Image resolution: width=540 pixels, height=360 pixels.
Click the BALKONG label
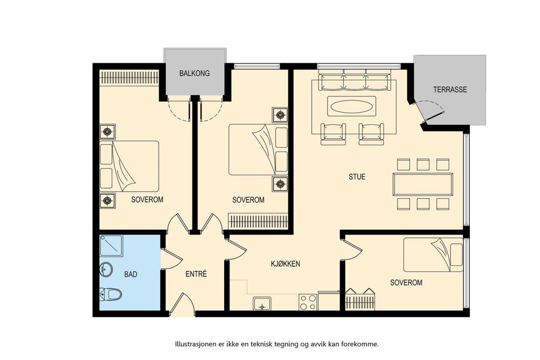[194, 73]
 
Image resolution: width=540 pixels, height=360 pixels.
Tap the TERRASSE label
[450, 90]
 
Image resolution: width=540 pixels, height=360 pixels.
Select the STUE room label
[357, 177]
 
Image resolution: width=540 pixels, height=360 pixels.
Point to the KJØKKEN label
[285, 264]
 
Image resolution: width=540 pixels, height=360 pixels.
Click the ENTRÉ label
[196, 274]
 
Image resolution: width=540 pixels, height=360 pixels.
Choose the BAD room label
[130, 274]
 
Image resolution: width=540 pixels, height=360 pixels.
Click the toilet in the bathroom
[110, 294]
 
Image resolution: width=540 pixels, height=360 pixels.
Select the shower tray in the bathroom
[111, 246]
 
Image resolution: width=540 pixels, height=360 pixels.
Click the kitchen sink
[262, 304]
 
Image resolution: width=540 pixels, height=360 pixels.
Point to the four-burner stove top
[308, 302]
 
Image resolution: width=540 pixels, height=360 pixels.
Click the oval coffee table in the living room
[352, 106]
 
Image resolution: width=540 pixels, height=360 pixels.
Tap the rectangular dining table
[423, 184]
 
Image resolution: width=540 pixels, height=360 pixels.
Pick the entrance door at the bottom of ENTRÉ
[183, 303]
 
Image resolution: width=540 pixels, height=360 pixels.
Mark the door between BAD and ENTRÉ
[171, 259]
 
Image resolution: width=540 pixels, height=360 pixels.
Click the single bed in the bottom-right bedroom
[433, 255]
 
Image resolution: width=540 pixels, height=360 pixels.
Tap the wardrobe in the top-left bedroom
[129, 77]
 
